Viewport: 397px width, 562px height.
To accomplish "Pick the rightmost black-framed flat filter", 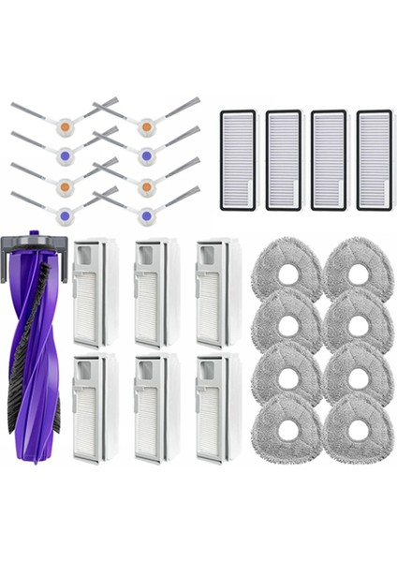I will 375,160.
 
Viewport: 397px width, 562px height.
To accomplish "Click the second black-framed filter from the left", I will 283,160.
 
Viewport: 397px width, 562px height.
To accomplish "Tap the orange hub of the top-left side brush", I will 65,125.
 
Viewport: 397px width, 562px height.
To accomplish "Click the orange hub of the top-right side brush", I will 146,125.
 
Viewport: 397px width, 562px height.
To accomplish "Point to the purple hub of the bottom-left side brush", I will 65,216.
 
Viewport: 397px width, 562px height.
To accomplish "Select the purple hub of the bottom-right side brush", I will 146,216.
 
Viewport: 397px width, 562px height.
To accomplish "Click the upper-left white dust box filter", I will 96,292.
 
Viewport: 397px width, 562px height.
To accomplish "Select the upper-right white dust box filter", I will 217,292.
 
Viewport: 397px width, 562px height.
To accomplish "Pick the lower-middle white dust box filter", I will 155,407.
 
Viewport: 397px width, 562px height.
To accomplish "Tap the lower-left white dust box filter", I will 96,407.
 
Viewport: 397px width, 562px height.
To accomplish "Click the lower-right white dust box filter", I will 217,407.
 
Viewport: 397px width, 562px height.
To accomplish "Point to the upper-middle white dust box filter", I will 155,292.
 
